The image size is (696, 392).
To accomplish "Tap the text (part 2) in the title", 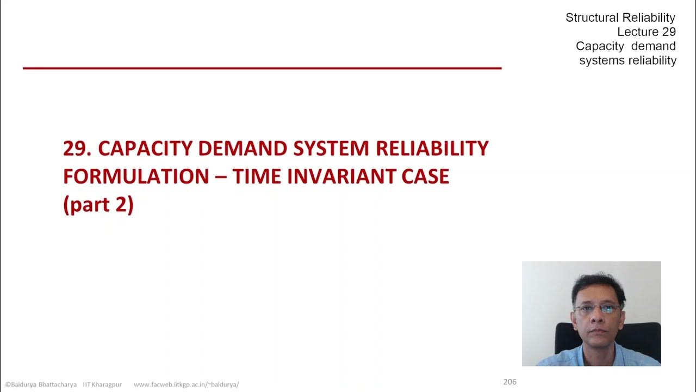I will click(98, 205).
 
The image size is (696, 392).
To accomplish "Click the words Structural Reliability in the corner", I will click(620, 18).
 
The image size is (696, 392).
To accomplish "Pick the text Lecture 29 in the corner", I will click(647, 32).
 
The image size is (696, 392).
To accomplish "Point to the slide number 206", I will click(509, 382).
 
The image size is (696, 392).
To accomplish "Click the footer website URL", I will click(186, 384).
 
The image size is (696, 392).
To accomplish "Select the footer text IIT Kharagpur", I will click(102, 384).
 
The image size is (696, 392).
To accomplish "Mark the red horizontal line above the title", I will click(262, 68).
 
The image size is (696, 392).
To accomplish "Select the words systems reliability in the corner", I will click(627, 60).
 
